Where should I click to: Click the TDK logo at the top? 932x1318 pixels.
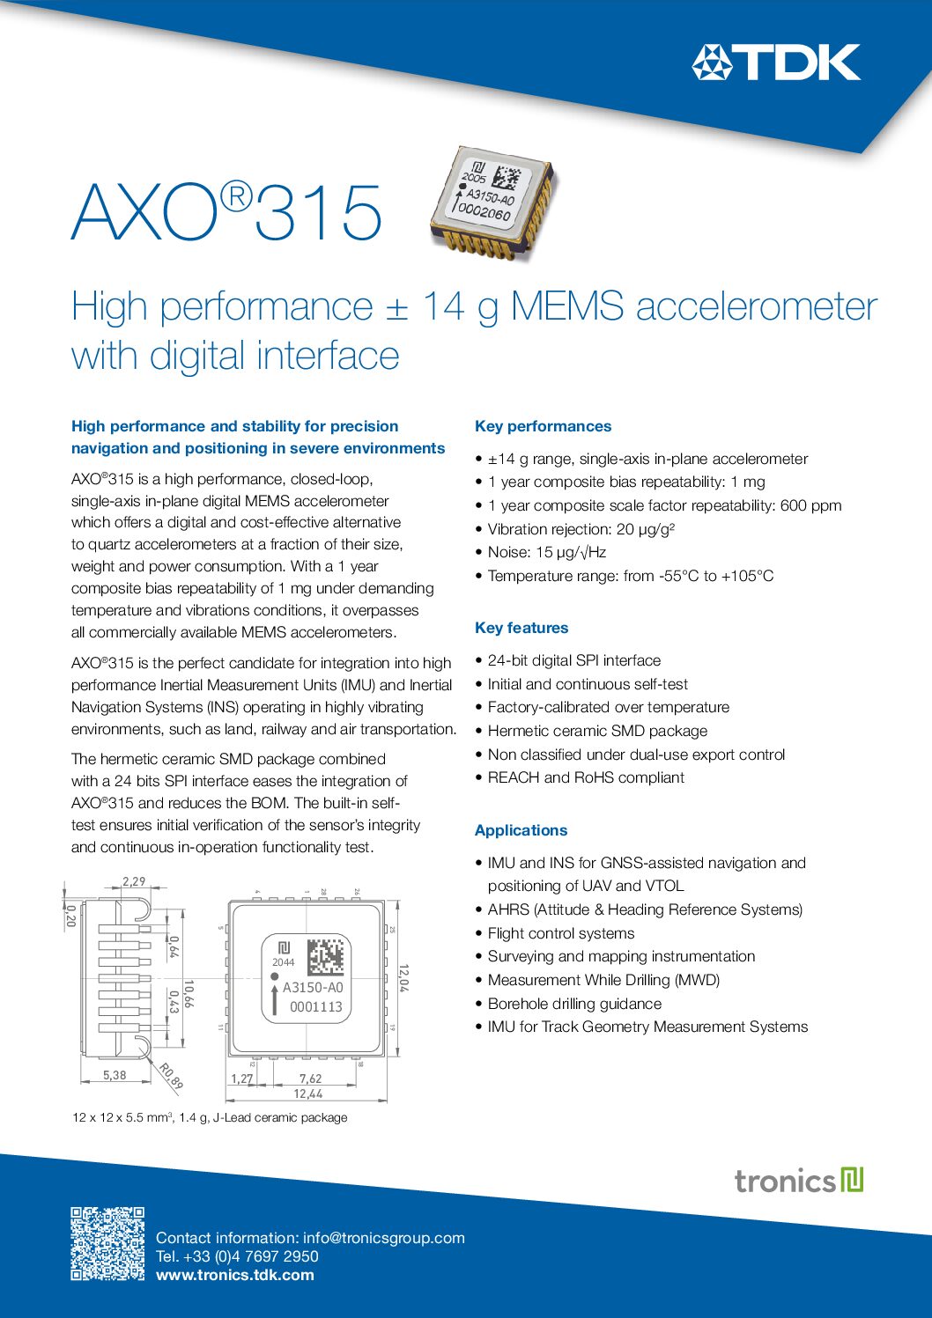pyautogui.click(x=775, y=63)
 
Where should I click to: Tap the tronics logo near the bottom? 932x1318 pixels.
pyautogui.click(x=799, y=1180)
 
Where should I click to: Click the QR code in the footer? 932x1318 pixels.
pyautogui.click(x=107, y=1243)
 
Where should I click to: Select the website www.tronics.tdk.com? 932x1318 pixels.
pyautogui.click(x=234, y=1275)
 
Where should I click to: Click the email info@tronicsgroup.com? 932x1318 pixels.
pyautogui.click(x=383, y=1238)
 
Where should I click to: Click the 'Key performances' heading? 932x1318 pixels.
pyautogui.click(x=543, y=426)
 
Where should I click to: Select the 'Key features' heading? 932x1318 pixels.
pyautogui.click(x=521, y=628)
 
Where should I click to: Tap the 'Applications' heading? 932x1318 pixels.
pyautogui.click(x=521, y=830)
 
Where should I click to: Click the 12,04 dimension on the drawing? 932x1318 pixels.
pyautogui.click(x=403, y=977)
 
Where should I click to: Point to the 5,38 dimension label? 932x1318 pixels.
pyautogui.click(x=115, y=1075)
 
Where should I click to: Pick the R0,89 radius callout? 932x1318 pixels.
pyautogui.click(x=171, y=1076)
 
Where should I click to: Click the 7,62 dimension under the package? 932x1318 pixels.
pyautogui.click(x=310, y=1079)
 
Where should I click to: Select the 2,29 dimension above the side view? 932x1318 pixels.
pyautogui.click(x=134, y=880)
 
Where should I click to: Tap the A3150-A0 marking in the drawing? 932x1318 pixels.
pyautogui.click(x=313, y=988)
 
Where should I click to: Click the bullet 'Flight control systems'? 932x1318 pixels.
pyautogui.click(x=560, y=933)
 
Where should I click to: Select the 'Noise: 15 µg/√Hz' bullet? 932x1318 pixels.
pyautogui.click(x=546, y=552)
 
